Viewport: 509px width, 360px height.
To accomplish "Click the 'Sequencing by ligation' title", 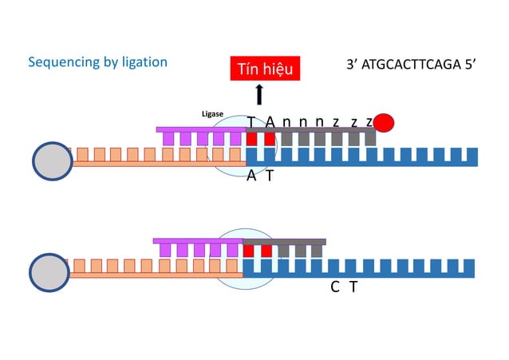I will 97,62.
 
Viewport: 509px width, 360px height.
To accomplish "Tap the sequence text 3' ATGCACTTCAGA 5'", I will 411,65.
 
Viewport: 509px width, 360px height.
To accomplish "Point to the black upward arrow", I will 259,95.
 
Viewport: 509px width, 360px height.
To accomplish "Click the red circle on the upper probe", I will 384,122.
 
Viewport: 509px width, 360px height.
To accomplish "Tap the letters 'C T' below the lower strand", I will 344,287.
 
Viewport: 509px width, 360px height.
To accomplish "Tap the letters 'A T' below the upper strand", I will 260,176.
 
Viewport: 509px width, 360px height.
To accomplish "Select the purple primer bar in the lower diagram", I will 196,241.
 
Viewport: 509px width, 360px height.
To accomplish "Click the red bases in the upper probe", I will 260,138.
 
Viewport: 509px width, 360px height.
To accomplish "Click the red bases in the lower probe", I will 258,251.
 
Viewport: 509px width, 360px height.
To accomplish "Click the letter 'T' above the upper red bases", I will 251,121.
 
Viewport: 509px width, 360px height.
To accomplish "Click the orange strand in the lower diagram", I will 152,274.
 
